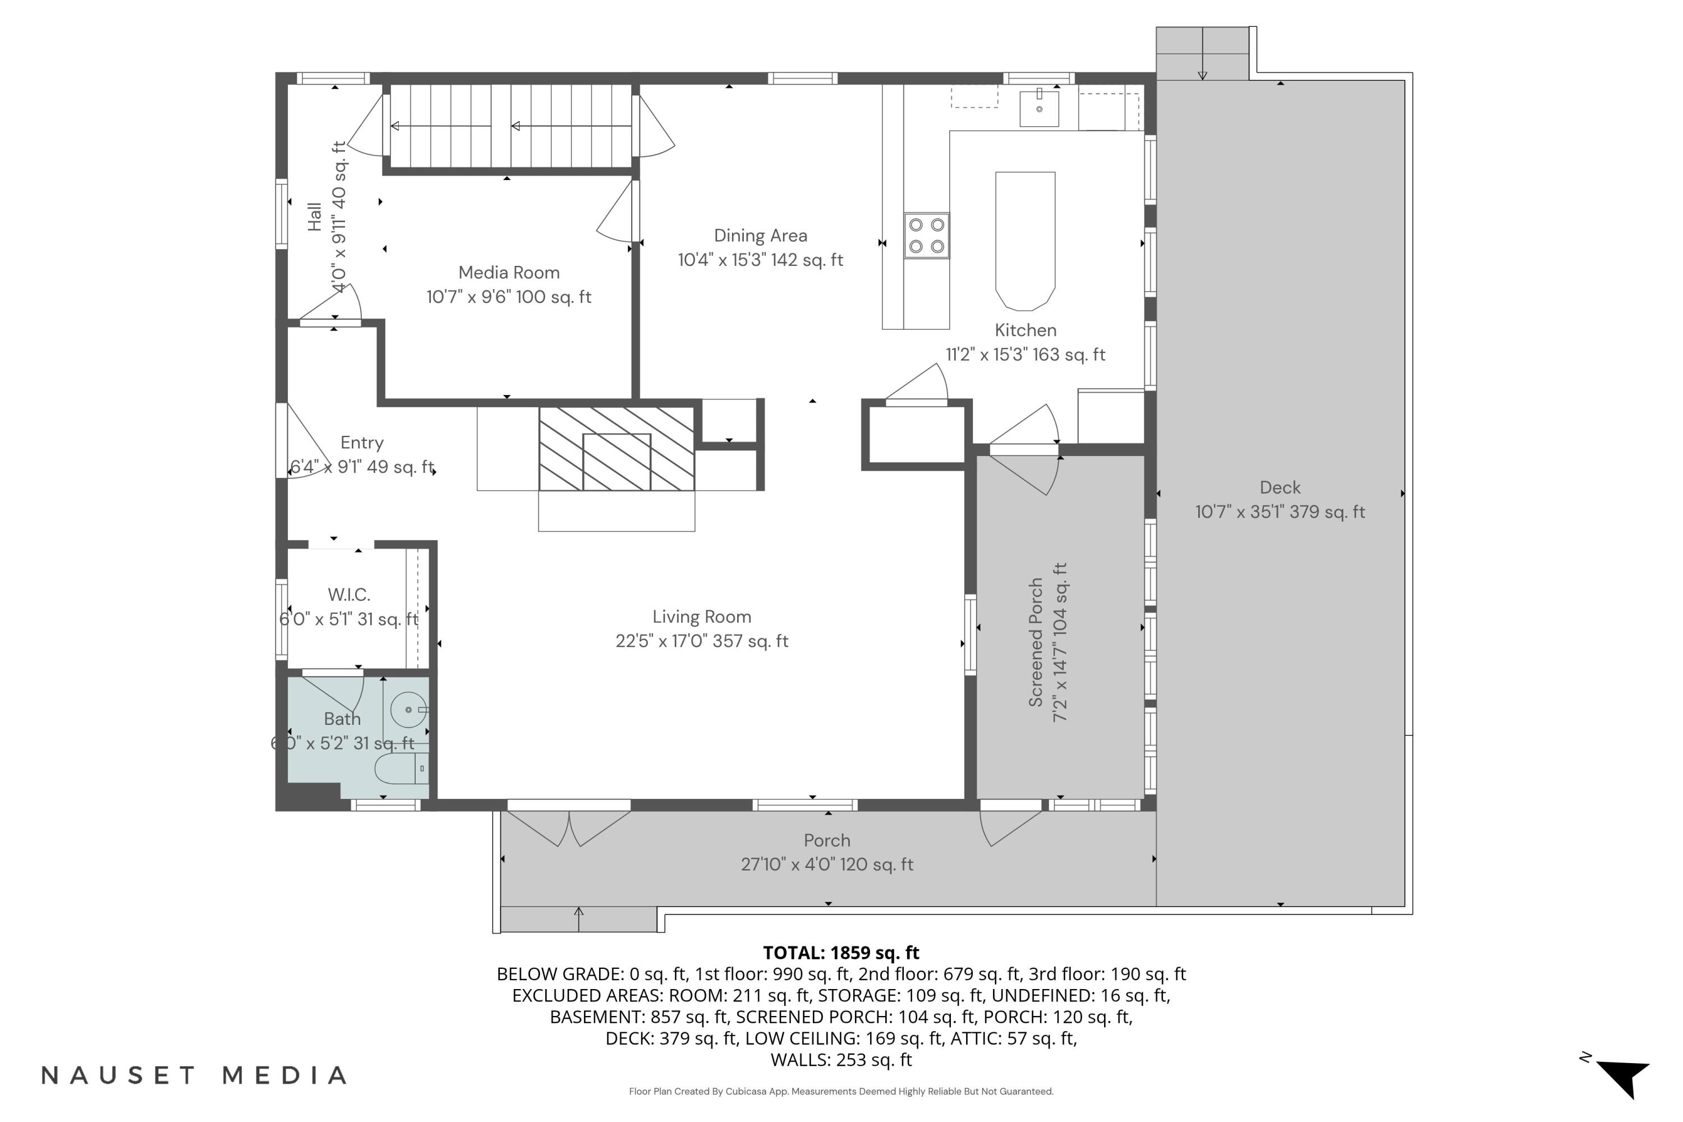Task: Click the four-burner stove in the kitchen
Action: point(926,236)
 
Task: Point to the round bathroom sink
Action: point(408,709)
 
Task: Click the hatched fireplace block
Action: point(616,449)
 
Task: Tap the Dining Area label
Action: point(760,236)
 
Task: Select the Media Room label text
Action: point(509,273)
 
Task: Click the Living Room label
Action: point(701,617)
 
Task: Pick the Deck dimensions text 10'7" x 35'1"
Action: point(1280,512)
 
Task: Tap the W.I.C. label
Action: point(348,595)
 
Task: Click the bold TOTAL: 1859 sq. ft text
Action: point(841,953)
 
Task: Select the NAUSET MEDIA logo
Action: point(194,1075)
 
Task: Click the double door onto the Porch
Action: point(569,826)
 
